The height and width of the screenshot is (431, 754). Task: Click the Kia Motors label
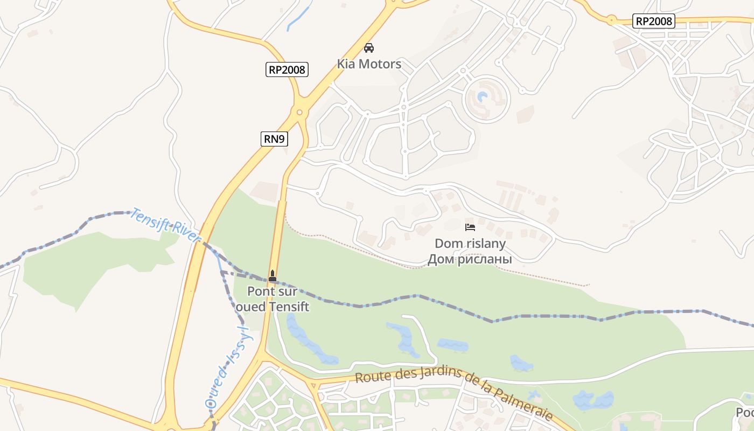click(x=369, y=64)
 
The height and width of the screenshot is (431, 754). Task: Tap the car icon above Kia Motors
click(x=369, y=48)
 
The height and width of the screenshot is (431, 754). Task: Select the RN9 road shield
click(x=274, y=139)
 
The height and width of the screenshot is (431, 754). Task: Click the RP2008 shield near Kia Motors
click(x=287, y=69)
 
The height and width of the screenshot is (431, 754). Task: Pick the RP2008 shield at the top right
click(x=653, y=21)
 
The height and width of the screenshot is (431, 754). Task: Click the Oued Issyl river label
click(x=229, y=367)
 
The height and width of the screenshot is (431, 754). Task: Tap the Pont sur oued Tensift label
click(x=272, y=299)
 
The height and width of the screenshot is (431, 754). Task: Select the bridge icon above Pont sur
click(x=273, y=276)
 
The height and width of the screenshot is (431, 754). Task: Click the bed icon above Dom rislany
click(x=470, y=227)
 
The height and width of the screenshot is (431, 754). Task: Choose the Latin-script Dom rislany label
click(x=470, y=244)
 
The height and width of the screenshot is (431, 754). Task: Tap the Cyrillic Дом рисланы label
click(x=470, y=260)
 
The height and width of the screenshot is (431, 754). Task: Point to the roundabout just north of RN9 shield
click(x=300, y=112)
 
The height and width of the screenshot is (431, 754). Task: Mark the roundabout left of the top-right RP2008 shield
click(x=611, y=21)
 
